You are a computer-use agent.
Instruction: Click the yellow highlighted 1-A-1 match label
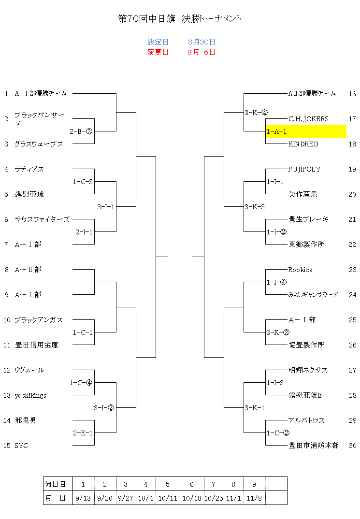[x=276, y=131]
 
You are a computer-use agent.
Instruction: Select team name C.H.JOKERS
[x=308, y=119]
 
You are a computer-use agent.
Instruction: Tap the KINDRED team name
[x=303, y=144]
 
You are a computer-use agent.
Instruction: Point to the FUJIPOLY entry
[x=304, y=169]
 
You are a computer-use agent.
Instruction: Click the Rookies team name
[x=300, y=270]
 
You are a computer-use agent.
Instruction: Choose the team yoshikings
[x=30, y=396]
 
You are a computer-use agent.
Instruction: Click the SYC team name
[x=21, y=446]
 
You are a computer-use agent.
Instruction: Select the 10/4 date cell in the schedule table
[x=145, y=498]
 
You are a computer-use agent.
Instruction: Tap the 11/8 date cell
[x=254, y=498]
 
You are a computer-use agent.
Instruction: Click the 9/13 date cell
[x=83, y=498]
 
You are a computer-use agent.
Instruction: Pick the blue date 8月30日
[x=202, y=42]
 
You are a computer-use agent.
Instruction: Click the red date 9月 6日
[x=202, y=52]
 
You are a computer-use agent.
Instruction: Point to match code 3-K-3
[x=255, y=207]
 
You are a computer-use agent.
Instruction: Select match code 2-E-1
[x=83, y=433]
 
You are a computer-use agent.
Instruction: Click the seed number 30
[x=352, y=446]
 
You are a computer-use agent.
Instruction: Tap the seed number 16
[x=352, y=94]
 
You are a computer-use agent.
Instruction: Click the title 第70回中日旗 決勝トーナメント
[x=180, y=18]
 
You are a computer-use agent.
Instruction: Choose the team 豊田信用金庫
[x=36, y=345]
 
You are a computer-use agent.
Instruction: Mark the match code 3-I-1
[x=105, y=207]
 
